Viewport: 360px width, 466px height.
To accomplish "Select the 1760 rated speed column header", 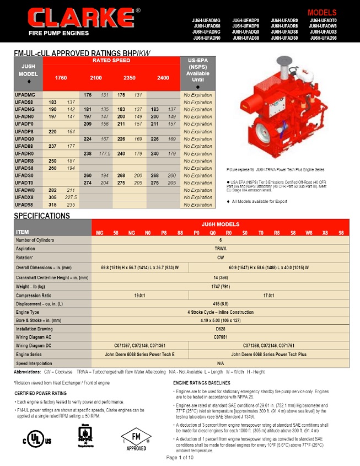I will pos(61,78).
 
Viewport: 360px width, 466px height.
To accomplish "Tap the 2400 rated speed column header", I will pos(163,78).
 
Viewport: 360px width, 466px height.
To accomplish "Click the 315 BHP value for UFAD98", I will pos(53,205).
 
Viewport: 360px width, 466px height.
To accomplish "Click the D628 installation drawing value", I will pos(221,328).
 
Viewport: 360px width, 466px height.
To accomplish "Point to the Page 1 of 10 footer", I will pos(180,458).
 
